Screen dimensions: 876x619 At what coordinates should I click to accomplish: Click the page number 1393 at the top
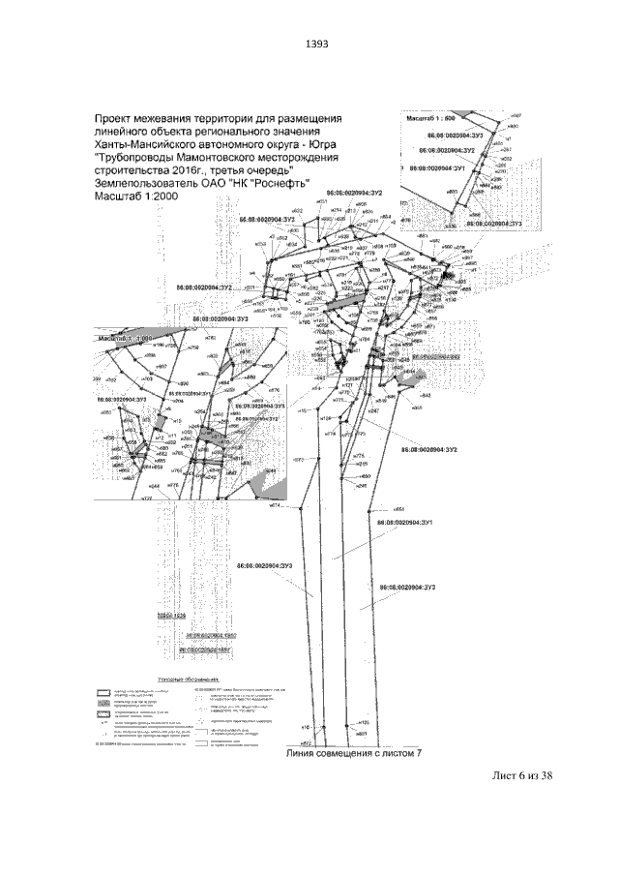317,44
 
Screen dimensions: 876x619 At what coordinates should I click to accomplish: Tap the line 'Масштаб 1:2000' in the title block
137,195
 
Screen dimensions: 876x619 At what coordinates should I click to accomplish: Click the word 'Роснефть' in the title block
253,182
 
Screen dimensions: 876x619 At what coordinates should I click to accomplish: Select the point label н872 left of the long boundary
298,458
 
